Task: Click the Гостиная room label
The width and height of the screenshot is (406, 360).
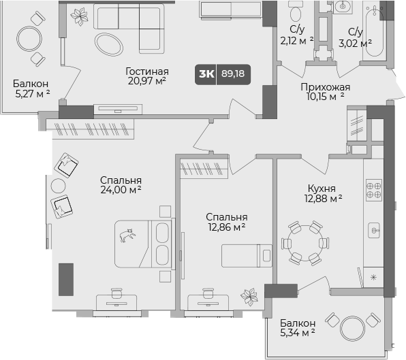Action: coord(147,71)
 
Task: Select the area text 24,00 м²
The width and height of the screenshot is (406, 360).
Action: coord(120,191)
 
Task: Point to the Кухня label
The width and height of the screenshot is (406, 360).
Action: coord(320,189)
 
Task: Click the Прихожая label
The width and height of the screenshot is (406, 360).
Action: coord(326,86)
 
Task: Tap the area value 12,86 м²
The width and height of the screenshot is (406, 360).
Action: coord(226,228)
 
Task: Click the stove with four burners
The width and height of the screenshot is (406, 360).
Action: coord(373,189)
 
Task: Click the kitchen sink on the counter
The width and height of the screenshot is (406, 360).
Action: coord(374,231)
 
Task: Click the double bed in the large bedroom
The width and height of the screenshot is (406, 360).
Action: coord(140,244)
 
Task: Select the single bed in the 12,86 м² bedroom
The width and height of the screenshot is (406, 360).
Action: coord(246,255)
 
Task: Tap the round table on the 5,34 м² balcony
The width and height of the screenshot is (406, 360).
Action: coord(352,329)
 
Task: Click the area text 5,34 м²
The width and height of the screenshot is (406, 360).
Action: coord(297,333)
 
